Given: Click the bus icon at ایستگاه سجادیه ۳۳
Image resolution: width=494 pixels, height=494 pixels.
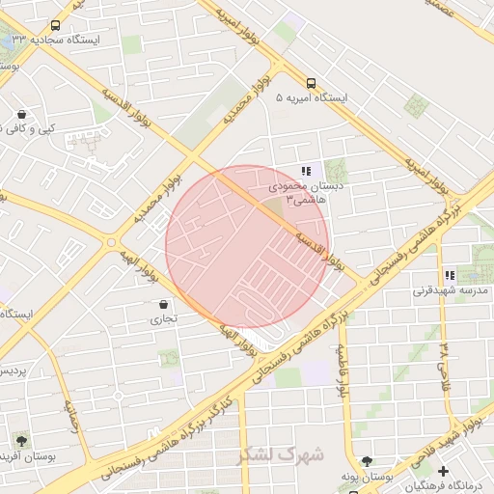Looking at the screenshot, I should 55,26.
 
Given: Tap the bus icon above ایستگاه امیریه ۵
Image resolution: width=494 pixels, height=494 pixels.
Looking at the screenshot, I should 311,83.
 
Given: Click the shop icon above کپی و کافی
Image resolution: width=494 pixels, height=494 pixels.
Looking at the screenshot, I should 20,114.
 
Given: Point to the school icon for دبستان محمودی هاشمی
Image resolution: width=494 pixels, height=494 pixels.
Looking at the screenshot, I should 306,171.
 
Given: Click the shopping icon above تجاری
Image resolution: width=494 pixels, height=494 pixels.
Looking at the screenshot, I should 161,305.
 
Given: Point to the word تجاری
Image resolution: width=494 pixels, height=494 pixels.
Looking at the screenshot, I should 161,319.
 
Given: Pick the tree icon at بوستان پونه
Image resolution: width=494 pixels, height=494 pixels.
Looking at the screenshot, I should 366,461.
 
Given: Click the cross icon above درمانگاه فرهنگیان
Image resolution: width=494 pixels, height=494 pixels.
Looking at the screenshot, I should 443,471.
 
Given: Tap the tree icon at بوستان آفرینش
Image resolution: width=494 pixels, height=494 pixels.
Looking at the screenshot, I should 20,440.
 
